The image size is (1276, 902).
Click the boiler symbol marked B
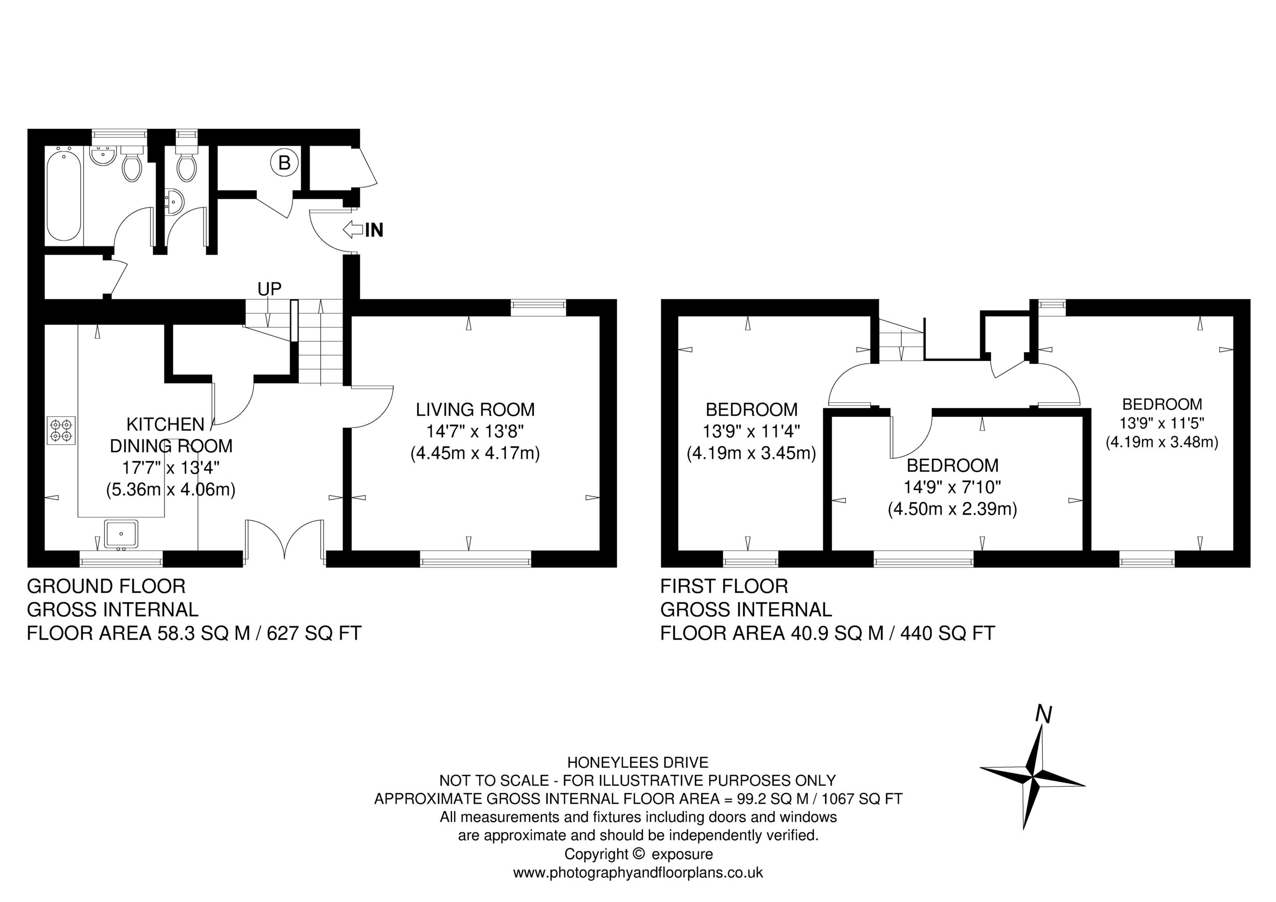pos(284,163)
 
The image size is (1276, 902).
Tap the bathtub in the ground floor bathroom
pos(64,196)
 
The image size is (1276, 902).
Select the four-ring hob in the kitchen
pos(62,430)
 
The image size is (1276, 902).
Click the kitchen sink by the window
pos(121,533)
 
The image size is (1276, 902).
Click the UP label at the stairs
pos(270,289)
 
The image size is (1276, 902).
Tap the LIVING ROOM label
pos(475,410)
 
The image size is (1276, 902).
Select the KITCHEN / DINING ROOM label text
pos(170,435)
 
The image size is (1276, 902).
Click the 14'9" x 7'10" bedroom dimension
pos(953,487)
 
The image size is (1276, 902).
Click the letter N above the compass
pos(1044,715)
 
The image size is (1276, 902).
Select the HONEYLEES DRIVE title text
pos(638,762)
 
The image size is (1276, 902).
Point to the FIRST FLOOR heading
pos(724,586)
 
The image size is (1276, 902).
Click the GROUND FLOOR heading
pos(106,586)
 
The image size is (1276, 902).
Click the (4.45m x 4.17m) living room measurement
pos(475,454)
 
